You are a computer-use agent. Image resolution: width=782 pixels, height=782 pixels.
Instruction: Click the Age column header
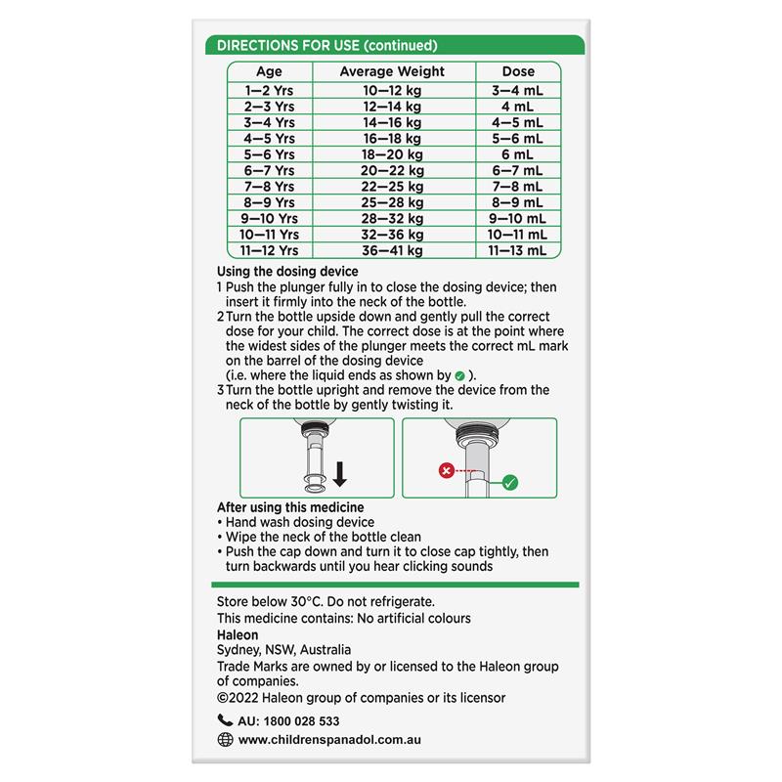269,71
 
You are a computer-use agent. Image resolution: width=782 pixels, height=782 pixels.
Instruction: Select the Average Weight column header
391,71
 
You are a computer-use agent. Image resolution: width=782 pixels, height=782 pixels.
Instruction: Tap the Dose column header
517,71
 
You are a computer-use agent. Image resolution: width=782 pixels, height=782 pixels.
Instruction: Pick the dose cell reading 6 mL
517,154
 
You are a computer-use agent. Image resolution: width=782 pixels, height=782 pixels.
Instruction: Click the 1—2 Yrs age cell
269,90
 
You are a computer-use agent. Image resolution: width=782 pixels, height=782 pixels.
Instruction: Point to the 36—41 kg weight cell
391,251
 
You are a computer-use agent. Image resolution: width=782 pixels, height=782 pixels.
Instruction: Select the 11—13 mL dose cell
517,251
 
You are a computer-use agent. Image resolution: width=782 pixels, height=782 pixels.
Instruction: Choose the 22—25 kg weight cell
391,187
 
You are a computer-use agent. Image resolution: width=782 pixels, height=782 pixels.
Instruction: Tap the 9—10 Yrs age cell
269,219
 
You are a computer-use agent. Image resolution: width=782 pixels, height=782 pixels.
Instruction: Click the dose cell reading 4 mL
517,106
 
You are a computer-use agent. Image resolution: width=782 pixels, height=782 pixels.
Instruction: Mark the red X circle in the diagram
447,470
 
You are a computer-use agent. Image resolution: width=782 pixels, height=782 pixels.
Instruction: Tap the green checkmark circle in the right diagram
509,480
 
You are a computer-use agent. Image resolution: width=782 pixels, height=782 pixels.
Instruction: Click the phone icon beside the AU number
225,721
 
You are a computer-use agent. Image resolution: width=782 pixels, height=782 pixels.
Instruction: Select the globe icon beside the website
225,740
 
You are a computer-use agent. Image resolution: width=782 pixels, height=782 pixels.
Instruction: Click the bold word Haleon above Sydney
238,633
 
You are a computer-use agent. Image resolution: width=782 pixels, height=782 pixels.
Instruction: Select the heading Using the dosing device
287,271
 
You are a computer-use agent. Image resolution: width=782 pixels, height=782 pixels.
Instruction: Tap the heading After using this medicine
290,507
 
